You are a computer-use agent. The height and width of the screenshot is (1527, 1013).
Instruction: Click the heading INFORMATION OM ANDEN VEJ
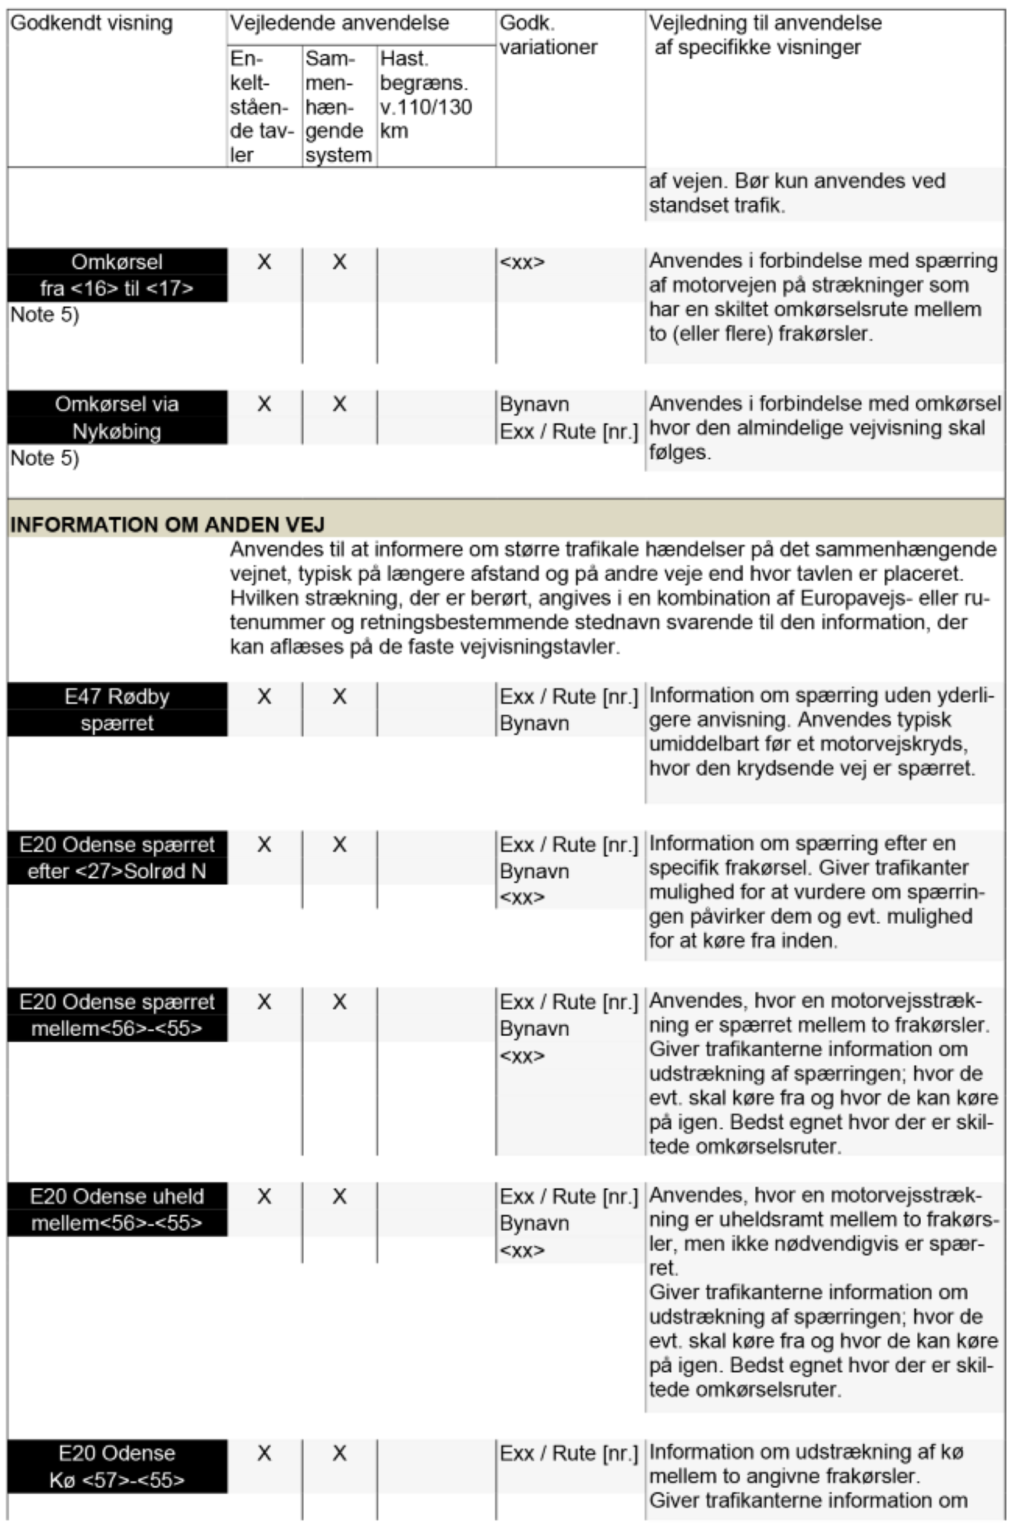pyautogui.click(x=167, y=525)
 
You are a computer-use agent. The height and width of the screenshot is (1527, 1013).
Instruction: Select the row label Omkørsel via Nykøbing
pyautogui.click(x=117, y=417)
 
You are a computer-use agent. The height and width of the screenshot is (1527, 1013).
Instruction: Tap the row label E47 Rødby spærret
pyautogui.click(x=117, y=710)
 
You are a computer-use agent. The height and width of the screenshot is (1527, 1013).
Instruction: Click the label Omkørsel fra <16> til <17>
pyautogui.click(x=117, y=275)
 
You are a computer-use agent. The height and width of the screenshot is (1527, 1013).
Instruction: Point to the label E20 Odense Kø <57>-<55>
pyautogui.click(x=117, y=1466)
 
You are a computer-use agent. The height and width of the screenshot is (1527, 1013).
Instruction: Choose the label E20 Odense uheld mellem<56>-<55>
pyautogui.click(x=117, y=1209)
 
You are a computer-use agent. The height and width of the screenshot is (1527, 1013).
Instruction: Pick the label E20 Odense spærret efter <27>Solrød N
pyautogui.click(x=117, y=858)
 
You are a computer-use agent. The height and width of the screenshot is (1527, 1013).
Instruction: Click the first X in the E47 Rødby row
pyautogui.click(x=264, y=697)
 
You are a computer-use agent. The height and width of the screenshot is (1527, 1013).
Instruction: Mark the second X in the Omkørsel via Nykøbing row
pyautogui.click(x=339, y=404)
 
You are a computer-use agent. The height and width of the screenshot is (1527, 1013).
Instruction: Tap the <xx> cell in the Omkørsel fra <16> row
pyautogui.click(x=522, y=262)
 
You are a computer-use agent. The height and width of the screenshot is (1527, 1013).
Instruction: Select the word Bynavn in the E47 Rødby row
pyautogui.click(x=534, y=724)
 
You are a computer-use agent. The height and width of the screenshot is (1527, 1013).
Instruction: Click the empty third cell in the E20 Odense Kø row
pyautogui.click(x=436, y=1466)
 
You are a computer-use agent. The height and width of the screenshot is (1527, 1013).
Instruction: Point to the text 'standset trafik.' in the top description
pyautogui.click(x=717, y=206)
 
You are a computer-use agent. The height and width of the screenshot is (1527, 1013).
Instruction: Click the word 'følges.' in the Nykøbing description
pyautogui.click(x=680, y=453)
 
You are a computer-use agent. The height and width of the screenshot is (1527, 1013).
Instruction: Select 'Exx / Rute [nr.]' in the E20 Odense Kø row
pyautogui.click(x=569, y=1453)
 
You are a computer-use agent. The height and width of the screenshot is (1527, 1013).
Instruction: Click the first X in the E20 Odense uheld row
pyautogui.click(x=264, y=1196)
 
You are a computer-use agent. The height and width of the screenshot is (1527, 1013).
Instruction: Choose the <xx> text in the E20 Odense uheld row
pyautogui.click(x=522, y=1250)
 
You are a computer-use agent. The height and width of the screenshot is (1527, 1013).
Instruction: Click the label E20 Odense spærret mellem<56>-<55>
pyautogui.click(x=117, y=1015)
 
